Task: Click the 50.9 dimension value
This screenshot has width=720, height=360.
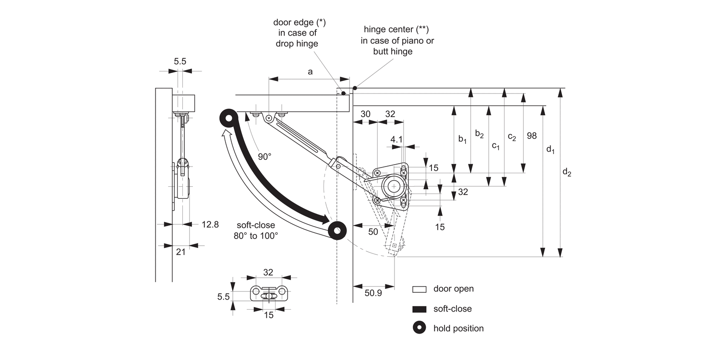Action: [x=373, y=292]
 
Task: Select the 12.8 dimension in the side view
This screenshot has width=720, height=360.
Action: [x=210, y=224]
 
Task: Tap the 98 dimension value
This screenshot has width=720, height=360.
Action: [x=531, y=135]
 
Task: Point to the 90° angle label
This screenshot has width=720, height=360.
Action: [x=264, y=157]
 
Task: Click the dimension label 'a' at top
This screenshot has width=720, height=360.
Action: [x=310, y=72]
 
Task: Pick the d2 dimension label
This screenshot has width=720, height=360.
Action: [x=566, y=172]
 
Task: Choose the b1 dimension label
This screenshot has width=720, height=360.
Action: [x=462, y=139]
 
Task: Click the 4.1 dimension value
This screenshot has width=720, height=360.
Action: [x=396, y=139]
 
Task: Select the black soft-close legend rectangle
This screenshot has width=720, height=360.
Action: [x=419, y=309]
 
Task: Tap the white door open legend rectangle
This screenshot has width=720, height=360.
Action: [x=419, y=289]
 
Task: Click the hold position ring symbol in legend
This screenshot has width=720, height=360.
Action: [x=419, y=328]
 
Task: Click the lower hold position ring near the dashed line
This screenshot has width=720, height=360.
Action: [x=338, y=230]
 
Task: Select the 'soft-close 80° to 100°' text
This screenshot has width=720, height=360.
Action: [x=256, y=230]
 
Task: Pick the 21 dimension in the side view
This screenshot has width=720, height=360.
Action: [x=180, y=252]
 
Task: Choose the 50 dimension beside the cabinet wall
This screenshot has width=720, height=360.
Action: [x=373, y=231]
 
